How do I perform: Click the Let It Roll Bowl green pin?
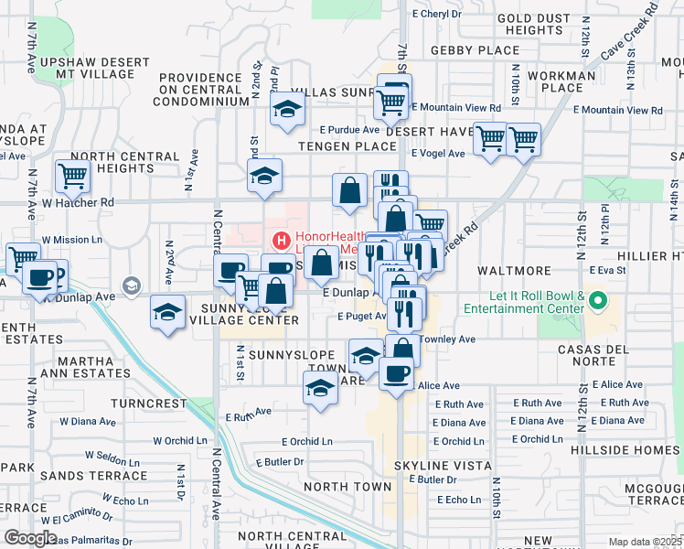click(x=598, y=299)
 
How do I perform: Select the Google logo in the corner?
click(x=30, y=538)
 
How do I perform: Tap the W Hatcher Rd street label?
click(x=83, y=202)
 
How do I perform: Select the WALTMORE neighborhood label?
click(x=514, y=271)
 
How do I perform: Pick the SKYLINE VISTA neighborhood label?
click(x=431, y=466)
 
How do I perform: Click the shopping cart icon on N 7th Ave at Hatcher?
click(x=72, y=174)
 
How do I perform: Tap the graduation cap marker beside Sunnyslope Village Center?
click(x=167, y=314)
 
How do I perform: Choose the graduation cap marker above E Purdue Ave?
click(x=287, y=112)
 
